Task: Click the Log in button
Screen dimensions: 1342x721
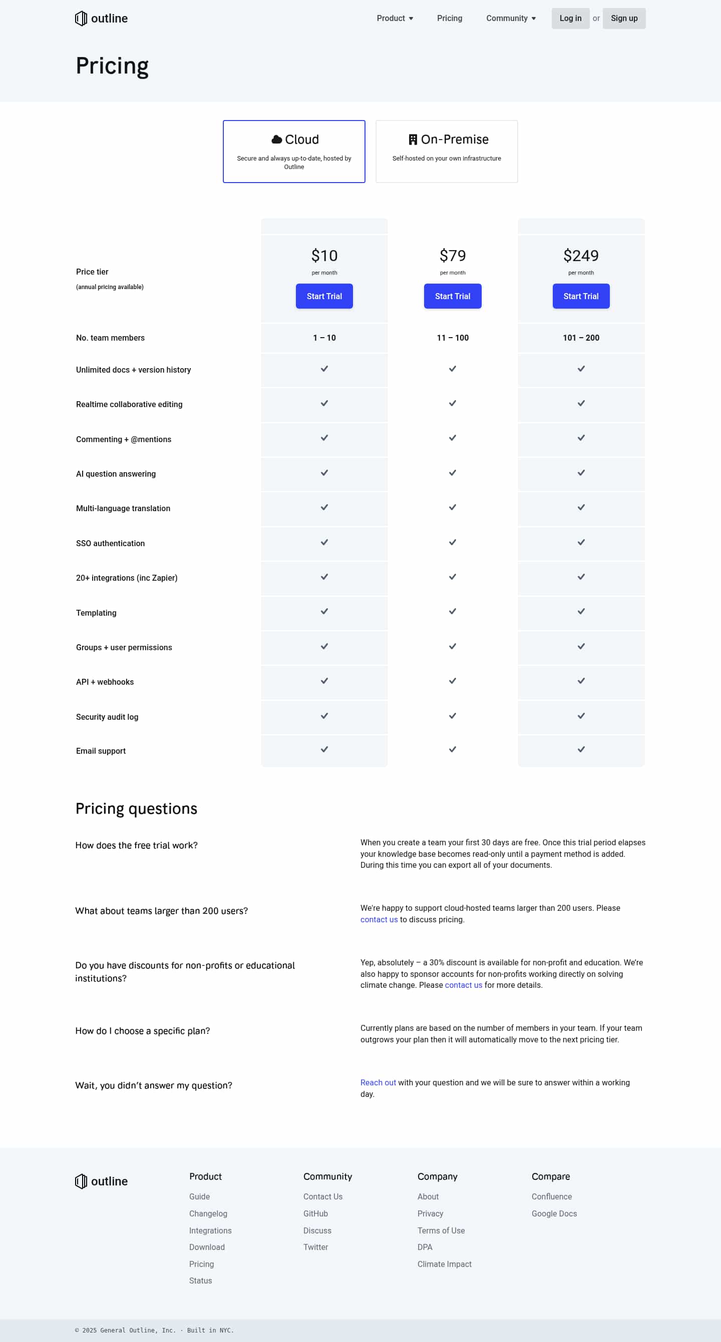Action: click(x=570, y=18)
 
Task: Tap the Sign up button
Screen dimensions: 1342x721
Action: click(x=623, y=18)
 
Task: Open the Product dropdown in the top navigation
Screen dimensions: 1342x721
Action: click(x=395, y=18)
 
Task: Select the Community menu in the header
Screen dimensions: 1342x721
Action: click(x=510, y=18)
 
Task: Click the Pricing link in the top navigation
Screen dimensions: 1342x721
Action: click(x=450, y=18)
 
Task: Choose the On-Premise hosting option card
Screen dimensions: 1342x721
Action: click(x=446, y=151)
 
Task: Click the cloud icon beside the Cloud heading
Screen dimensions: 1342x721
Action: click(x=277, y=140)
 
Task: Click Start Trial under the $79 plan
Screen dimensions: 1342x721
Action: click(x=453, y=296)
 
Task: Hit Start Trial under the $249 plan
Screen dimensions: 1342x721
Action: click(x=581, y=296)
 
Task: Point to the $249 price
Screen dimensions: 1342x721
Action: click(x=581, y=256)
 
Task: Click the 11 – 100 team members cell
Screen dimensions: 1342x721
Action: click(x=453, y=338)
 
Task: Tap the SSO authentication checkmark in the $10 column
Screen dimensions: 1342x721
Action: click(x=324, y=542)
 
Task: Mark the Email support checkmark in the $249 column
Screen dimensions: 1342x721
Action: click(x=581, y=749)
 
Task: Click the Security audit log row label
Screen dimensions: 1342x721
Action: click(x=107, y=717)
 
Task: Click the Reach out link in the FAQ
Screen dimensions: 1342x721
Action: click(x=378, y=1082)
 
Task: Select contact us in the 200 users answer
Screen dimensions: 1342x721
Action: click(x=379, y=919)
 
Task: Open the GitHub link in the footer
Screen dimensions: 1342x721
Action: click(x=315, y=1213)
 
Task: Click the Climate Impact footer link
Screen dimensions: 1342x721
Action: click(x=444, y=1264)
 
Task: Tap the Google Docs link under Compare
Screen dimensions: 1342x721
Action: click(x=554, y=1213)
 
